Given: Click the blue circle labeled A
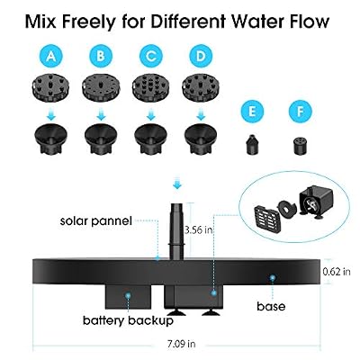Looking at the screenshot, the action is (x=51, y=56).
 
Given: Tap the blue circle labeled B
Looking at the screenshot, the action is (x=101, y=56).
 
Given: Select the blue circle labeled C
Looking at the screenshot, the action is (x=151, y=56).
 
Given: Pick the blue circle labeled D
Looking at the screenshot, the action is (x=201, y=56).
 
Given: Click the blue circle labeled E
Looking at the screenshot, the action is (x=252, y=112).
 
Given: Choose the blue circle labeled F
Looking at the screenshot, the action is (x=301, y=112).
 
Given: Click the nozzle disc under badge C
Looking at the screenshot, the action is (x=150, y=88).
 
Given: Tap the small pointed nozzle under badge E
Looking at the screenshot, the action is (x=253, y=145).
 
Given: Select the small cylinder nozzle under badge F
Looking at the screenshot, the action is (x=300, y=145).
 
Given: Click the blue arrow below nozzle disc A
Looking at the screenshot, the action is (x=51, y=114).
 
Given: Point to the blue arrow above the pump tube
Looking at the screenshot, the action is (x=177, y=184).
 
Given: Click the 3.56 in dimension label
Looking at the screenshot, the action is (x=199, y=230).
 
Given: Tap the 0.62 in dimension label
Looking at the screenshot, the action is (x=337, y=272).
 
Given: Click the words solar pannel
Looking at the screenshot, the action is (x=96, y=221).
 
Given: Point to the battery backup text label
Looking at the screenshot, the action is (x=128, y=320).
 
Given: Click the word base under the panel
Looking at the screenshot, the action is (x=271, y=306).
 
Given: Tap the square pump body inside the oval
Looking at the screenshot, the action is (x=316, y=201).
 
